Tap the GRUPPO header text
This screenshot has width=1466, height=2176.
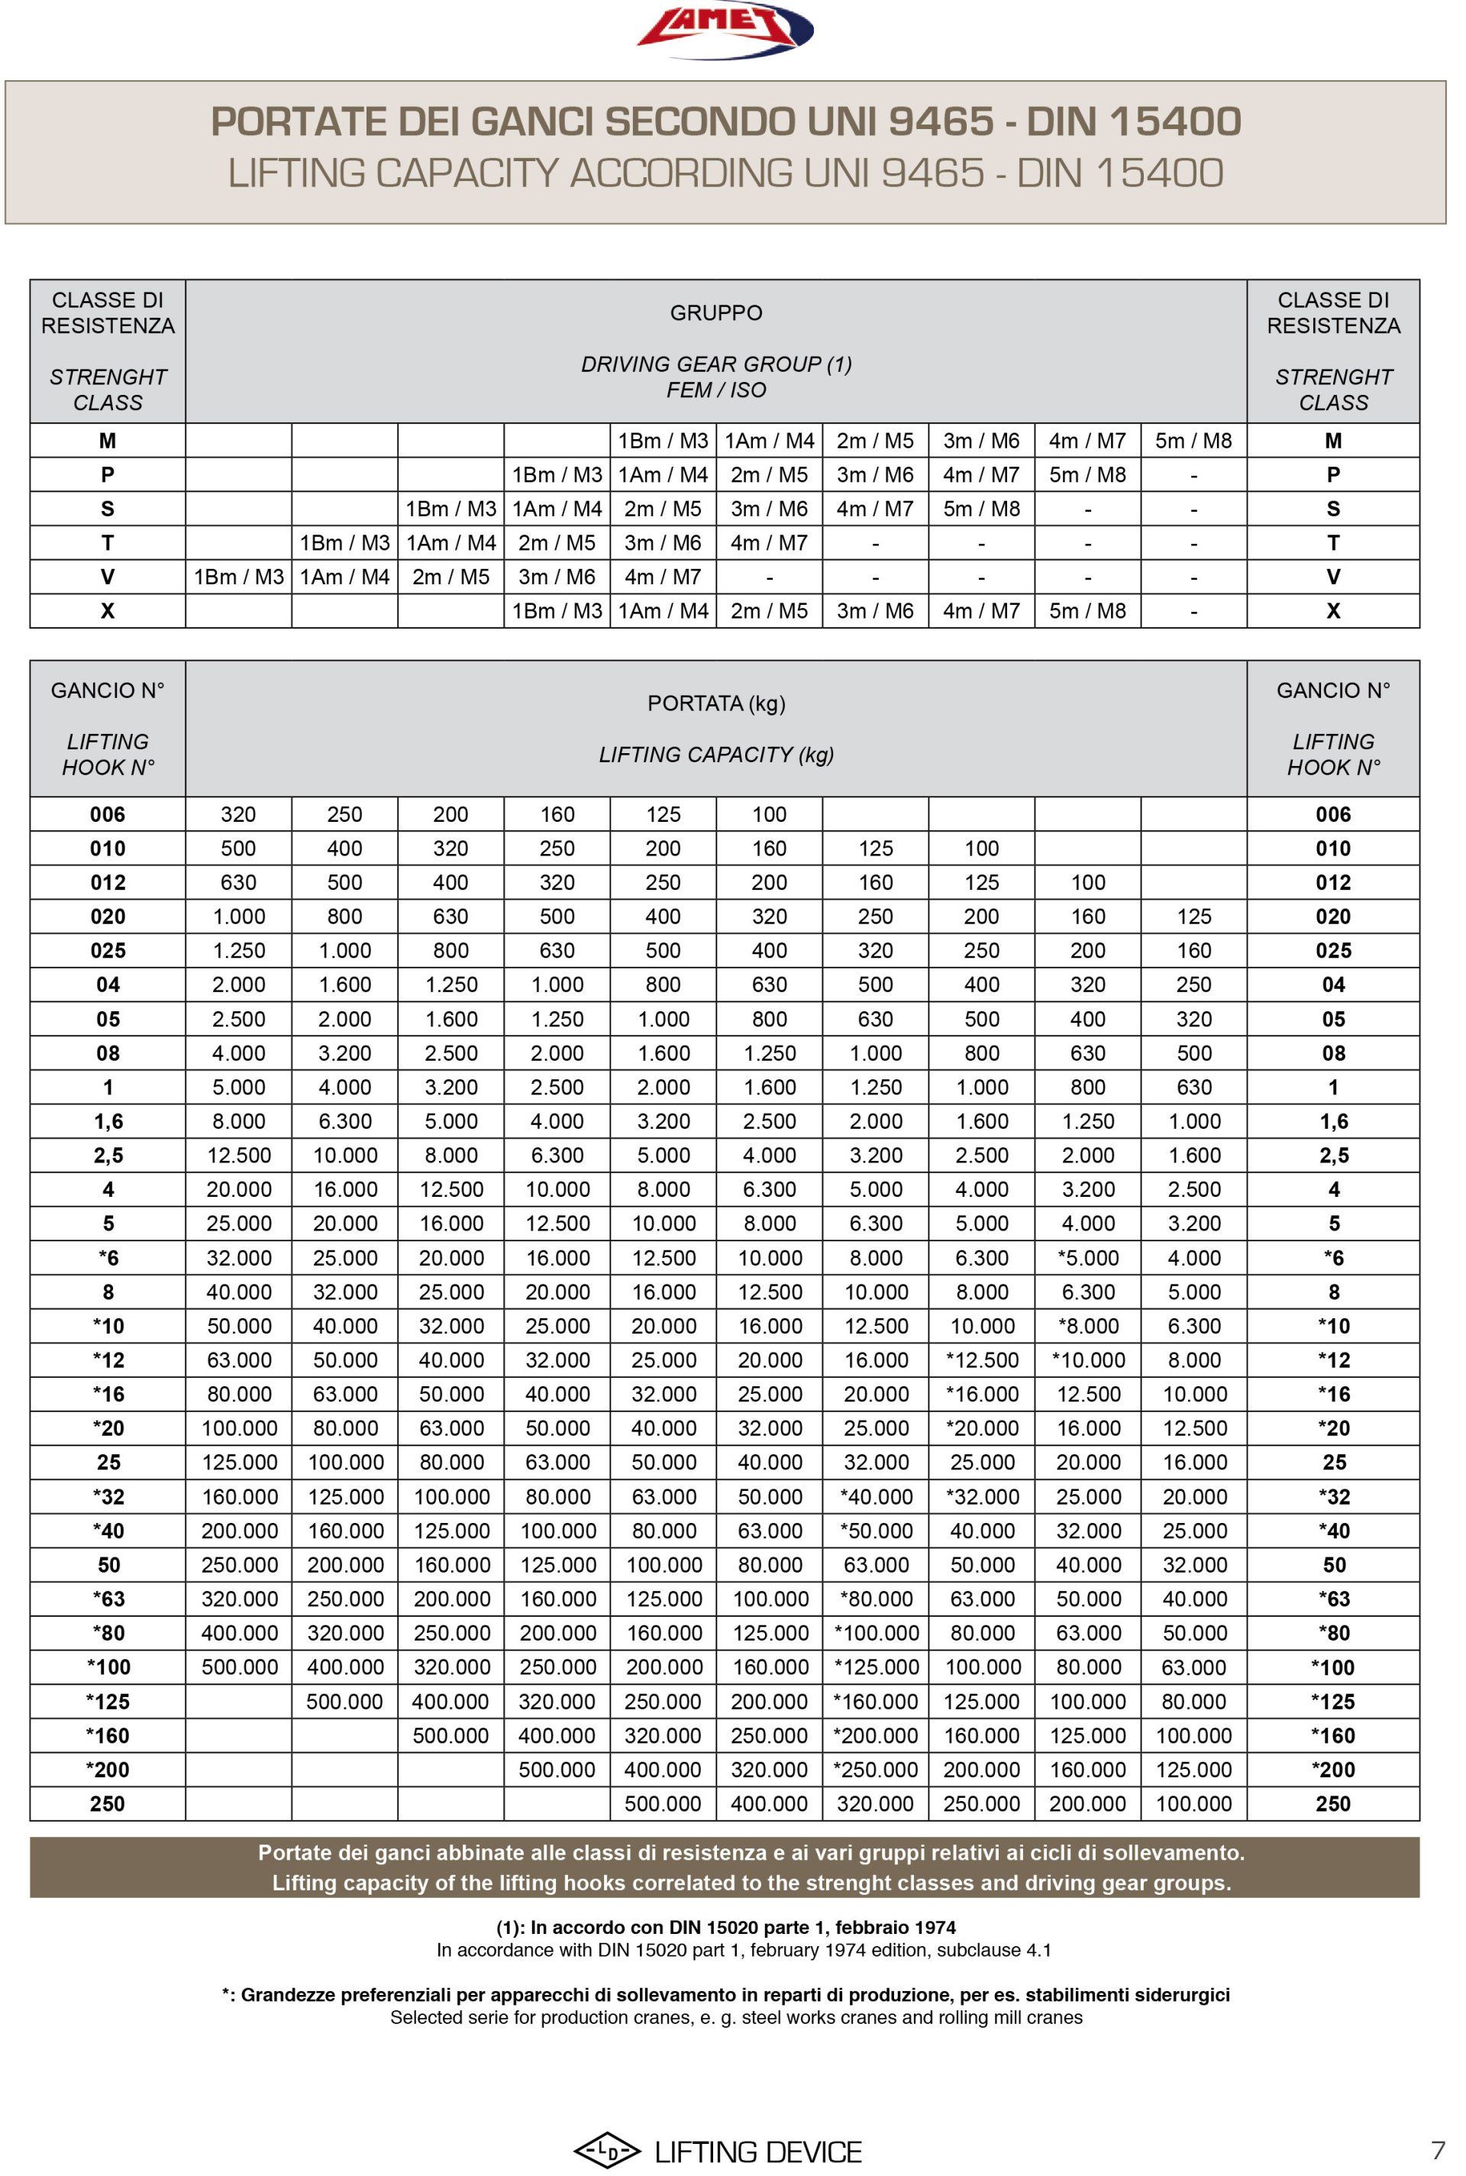716,313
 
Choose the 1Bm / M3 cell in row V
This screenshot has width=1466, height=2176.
238,577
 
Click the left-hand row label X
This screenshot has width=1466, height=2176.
108,610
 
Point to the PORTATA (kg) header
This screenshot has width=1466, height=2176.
716,703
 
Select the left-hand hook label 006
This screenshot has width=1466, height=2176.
108,814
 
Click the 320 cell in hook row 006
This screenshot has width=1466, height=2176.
238,814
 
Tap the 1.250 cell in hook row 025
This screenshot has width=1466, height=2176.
238,951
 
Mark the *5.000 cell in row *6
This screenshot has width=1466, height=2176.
1087,1258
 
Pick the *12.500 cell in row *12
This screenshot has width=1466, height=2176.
982,1360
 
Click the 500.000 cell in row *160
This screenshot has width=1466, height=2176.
450,1735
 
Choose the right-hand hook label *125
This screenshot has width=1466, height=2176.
1332,1702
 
